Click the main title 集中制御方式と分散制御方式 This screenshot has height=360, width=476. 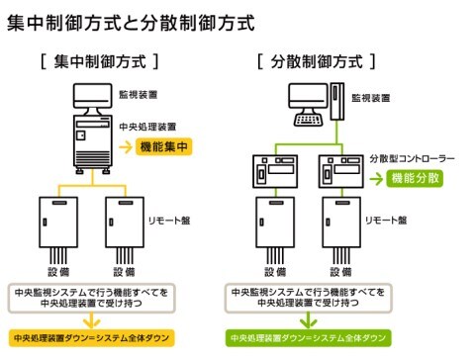coord(131,23)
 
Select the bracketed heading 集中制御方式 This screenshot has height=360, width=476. coord(99,61)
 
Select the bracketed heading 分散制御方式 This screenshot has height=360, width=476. coord(317,61)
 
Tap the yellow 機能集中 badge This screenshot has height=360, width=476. coord(163,146)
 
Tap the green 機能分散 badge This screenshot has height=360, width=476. coord(415,178)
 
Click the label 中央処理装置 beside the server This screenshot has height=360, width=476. coord(147,127)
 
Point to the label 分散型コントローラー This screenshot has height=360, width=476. coord(412,158)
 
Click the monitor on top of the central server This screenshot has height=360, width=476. coord(93,96)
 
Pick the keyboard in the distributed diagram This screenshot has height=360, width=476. coord(308,120)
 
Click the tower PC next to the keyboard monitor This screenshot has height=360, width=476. coord(337,102)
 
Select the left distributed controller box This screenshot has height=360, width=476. coord(275,171)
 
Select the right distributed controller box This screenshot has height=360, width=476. coord(341,171)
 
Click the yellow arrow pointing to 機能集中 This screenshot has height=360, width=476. coord(126,147)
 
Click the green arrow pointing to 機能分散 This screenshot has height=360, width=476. coord(376,179)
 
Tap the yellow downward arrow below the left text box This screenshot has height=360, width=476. coord(91,319)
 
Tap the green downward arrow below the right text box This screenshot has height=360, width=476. coord(309,319)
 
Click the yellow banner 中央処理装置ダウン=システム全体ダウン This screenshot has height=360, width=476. coord(91,338)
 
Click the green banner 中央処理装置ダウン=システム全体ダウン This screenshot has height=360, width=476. coord(309,338)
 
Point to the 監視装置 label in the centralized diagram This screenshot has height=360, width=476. coord(139,95)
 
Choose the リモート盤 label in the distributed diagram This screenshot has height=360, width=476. coord(386,221)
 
